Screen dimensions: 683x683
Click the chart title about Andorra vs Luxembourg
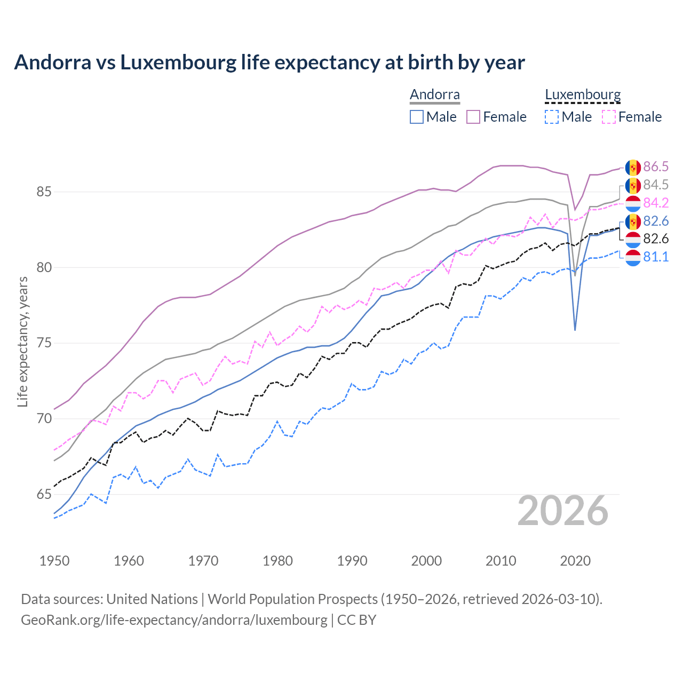click(x=269, y=62)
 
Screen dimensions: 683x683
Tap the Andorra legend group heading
click(x=434, y=95)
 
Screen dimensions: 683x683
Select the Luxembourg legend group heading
click(x=583, y=95)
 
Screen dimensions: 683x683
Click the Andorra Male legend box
click(x=417, y=117)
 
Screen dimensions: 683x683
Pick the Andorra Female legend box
click(x=473, y=117)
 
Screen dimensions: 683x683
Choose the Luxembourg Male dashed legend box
click(x=552, y=117)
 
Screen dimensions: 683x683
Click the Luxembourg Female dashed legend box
click(x=608, y=117)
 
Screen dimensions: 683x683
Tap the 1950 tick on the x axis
click(x=54, y=561)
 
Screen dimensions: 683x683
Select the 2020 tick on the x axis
click(x=575, y=561)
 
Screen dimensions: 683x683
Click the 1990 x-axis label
click(x=352, y=561)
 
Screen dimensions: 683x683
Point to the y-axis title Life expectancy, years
click(x=23, y=342)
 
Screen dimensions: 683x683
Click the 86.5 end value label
click(x=656, y=167)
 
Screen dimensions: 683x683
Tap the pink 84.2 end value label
click(x=656, y=203)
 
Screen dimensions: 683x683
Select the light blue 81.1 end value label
click(x=656, y=257)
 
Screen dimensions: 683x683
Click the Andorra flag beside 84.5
click(x=633, y=185)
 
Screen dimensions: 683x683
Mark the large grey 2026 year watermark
click(x=563, y=511)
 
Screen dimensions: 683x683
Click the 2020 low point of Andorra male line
click(x=575, y=330)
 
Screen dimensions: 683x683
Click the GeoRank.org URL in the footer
click(x=174, y=620)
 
